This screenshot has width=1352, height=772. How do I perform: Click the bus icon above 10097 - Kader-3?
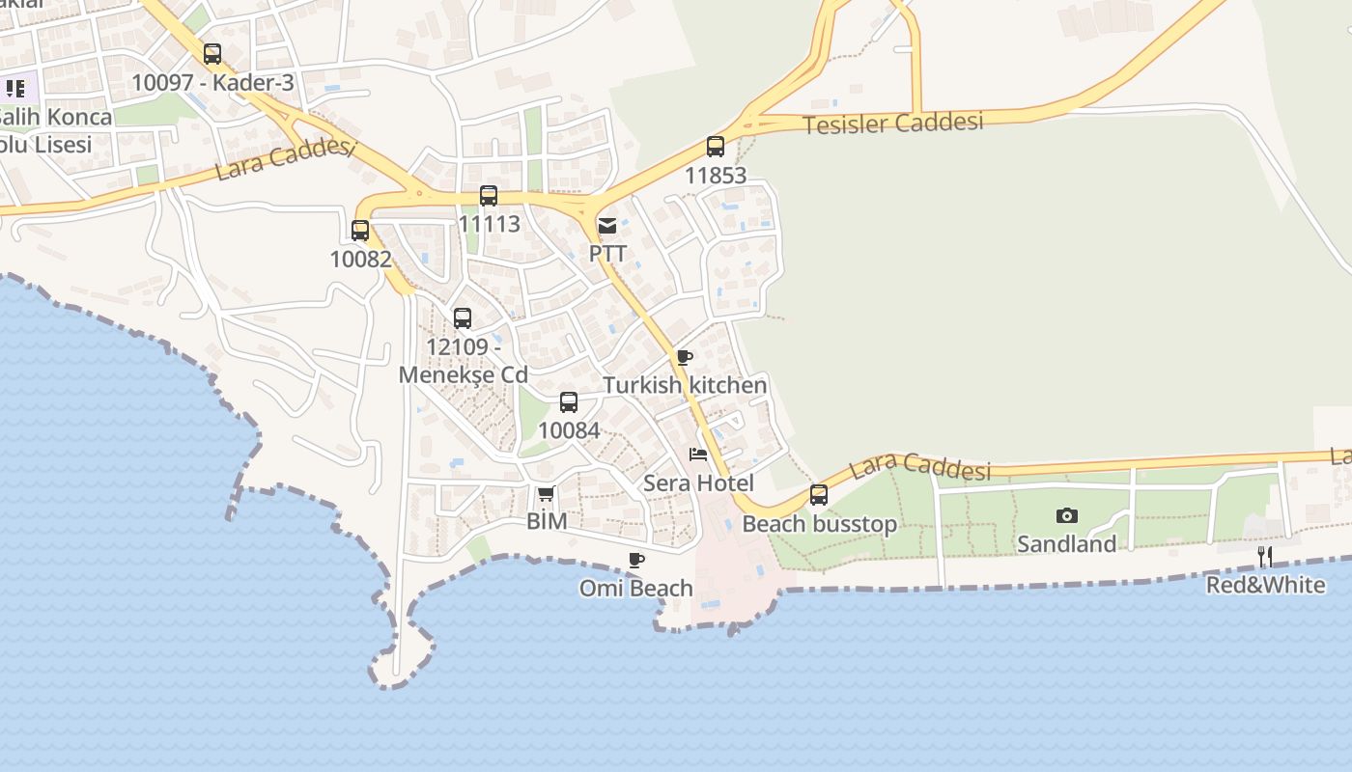[x=212, y=54]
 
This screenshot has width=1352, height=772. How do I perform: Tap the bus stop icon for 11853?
[x=716, y=147]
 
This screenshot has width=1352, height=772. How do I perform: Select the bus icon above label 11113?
[x=489, y=196]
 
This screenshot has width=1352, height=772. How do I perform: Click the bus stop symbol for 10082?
[x=360, y=231]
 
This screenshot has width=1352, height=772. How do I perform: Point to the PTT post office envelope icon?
[x=607, y=226]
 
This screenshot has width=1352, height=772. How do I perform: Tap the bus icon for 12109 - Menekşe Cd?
[x=463, y=318]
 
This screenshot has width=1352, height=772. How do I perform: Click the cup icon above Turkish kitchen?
[x=685, y=358]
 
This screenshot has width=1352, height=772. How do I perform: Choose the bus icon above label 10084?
[x=569, y=402]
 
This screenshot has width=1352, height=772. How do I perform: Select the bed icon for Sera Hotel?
[x=698, y=455]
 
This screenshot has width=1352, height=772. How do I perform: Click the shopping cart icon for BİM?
[x=546, y=494]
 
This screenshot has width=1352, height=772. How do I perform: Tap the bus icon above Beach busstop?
[x=819, y=495]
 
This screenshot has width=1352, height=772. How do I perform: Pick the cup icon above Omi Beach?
[x=636, y=560]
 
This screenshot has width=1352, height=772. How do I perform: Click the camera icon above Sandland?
[x=1066, y=516]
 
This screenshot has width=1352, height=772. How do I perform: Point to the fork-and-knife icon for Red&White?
[x=1265, y=556]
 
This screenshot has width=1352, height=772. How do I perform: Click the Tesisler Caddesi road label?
[x=893, y=123]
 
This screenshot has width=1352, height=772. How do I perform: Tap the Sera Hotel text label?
[x=698, y=482]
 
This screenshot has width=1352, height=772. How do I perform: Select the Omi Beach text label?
[x=636, y=588]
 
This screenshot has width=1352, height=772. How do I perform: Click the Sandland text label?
[x=1066, y=544]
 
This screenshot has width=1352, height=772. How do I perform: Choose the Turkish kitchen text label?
[x=685, y=385]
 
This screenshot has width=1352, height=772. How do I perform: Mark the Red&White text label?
[x=1265, y=585]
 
